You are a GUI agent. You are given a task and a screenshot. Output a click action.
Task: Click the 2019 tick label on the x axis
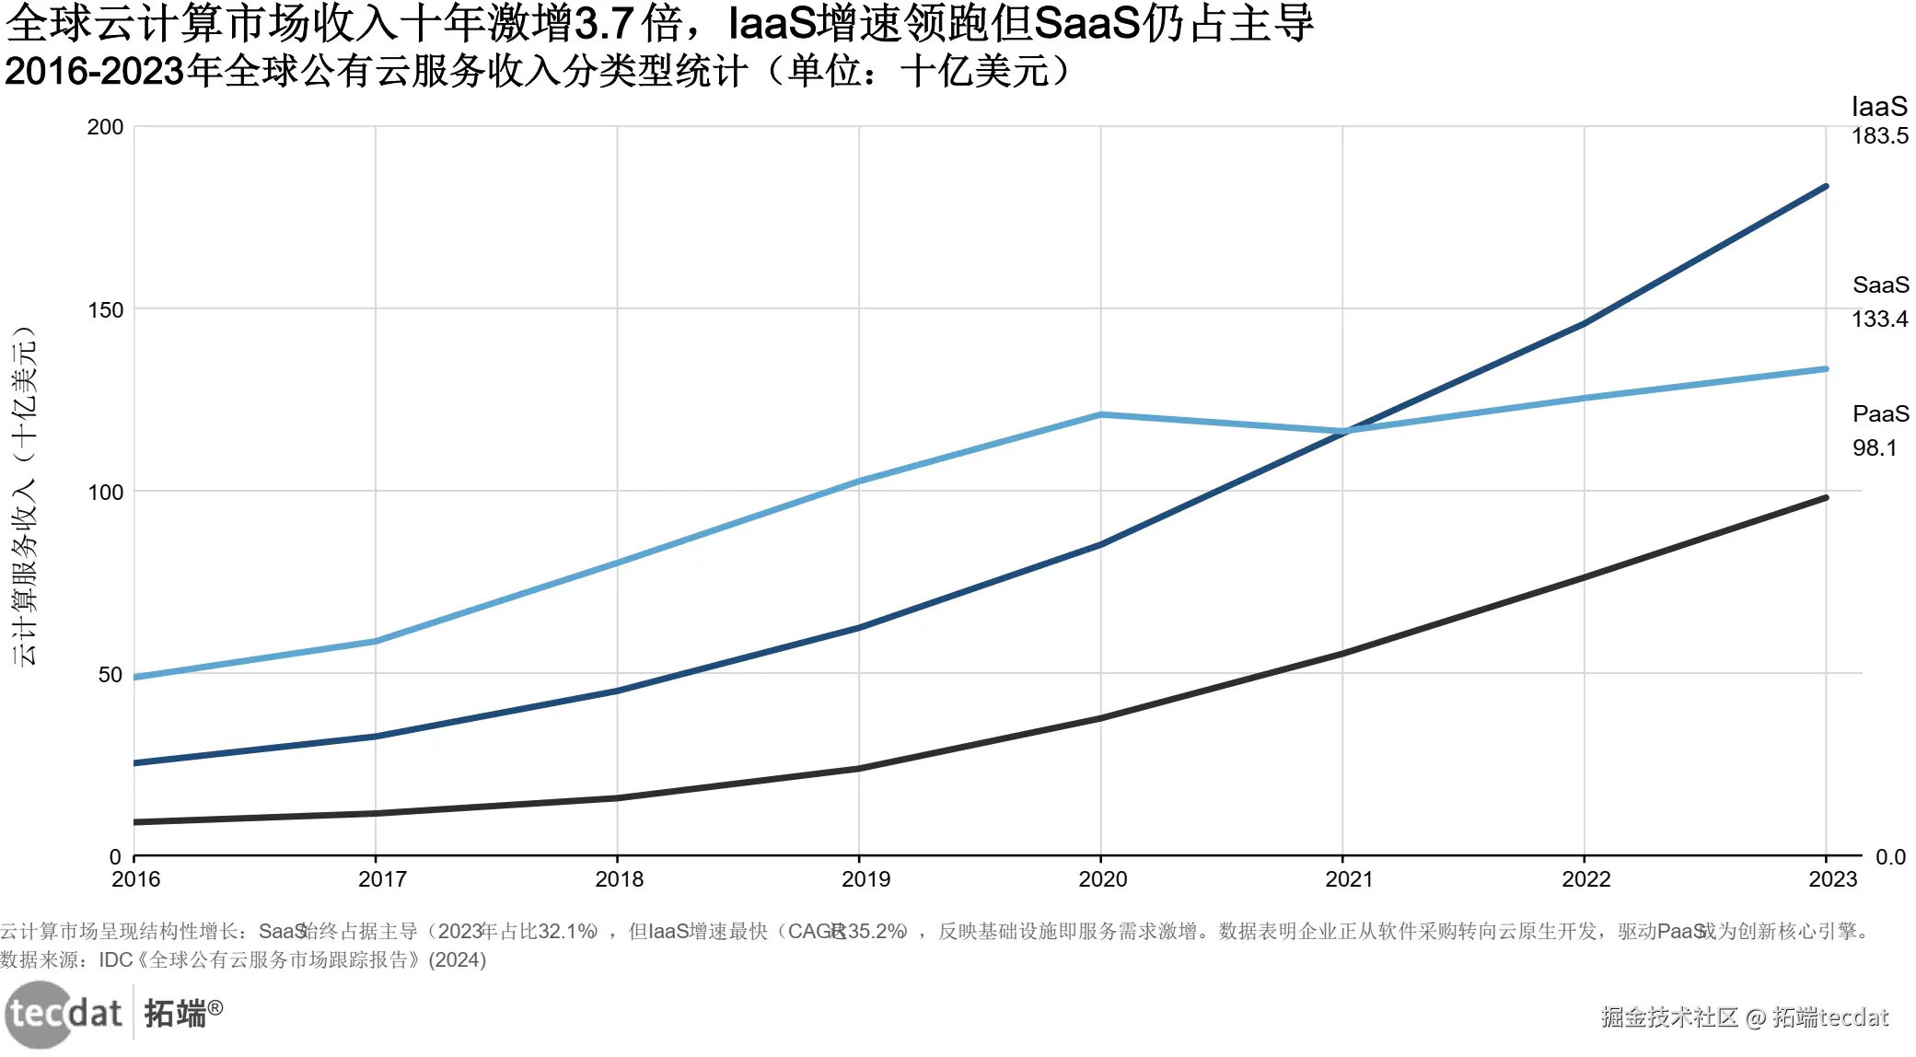tap(865, 879)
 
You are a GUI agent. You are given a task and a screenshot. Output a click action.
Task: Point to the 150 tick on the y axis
tap(105, 310)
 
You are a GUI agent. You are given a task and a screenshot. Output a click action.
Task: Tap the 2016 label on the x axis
tap(135, 879)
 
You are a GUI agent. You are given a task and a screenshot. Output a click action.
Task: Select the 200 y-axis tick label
tap(105, 127)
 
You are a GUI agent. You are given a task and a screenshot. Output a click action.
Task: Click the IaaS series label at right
tap(1879, 107)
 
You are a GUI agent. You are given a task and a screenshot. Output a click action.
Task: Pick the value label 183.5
tap(1879, 136)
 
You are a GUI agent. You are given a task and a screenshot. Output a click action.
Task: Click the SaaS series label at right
tap(1880, 285)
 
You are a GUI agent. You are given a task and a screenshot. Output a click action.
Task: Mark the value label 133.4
tap(1879, 319)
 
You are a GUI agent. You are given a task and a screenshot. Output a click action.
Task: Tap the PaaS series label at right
tap(1880, 414)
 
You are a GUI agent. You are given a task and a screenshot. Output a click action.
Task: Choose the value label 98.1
tap(1874, 448)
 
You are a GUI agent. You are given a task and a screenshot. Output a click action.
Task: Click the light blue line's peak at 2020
tap(1100, 415)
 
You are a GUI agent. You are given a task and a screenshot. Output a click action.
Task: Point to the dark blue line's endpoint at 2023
tap(1826, 187)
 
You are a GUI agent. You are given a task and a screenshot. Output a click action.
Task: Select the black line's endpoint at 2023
tap(1826, 498)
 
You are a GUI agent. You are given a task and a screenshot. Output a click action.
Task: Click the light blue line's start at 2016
tap(135, 678)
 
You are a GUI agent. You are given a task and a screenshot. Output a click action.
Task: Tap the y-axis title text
tap(24, 497)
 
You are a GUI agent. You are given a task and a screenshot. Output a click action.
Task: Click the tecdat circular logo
tap(39, 1015)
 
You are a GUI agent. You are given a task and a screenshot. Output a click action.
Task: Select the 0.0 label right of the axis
tap(1890, 857)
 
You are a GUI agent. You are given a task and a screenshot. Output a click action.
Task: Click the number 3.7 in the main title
tap(603, 24)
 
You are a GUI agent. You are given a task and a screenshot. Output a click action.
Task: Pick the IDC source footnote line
tap(243, 960)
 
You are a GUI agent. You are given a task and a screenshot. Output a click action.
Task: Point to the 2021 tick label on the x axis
tap(1348, 879)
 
